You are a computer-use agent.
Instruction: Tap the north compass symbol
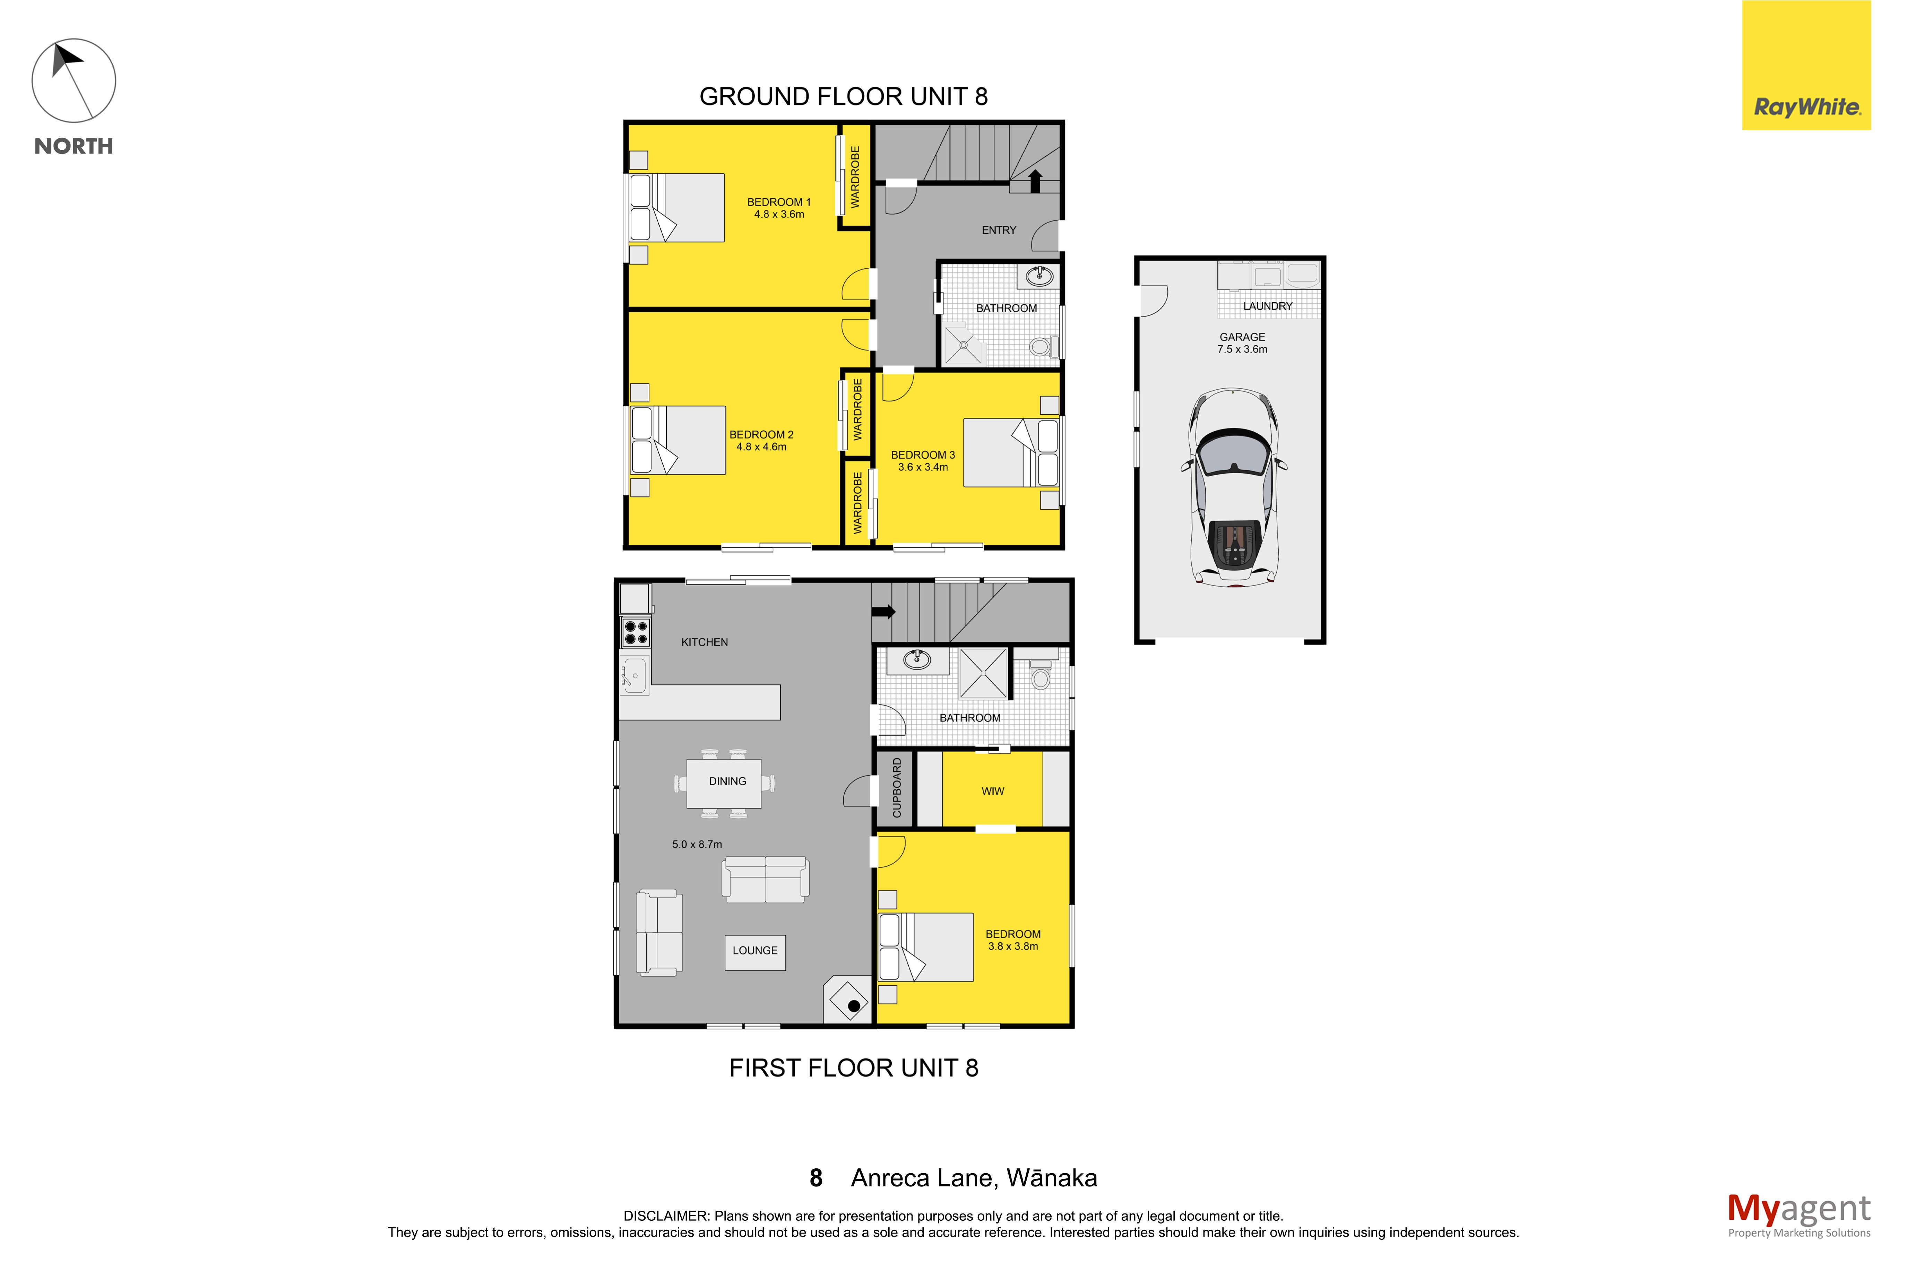74,80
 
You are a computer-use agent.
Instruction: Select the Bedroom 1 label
778,202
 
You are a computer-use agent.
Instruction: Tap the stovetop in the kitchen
636,632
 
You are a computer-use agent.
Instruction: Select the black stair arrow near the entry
1035,181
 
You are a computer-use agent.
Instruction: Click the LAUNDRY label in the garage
1268,305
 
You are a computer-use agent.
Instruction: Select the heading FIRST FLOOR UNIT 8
853,1067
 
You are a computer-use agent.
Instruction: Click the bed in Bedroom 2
678,440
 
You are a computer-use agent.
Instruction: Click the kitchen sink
634,674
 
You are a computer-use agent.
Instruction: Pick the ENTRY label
999,230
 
